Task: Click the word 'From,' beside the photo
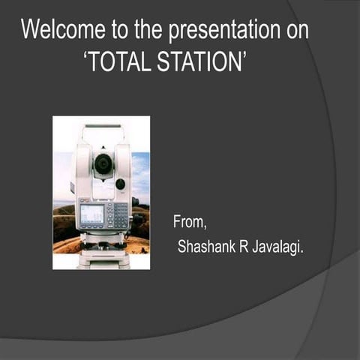click(190, 222)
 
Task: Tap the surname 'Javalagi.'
click(278, 247)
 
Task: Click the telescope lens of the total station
click(103, 163)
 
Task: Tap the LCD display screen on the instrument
click(91, 214)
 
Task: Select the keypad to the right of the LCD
click(118, 215)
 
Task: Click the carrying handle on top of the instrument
click(102, 127)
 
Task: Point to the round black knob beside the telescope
click(120, 184)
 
